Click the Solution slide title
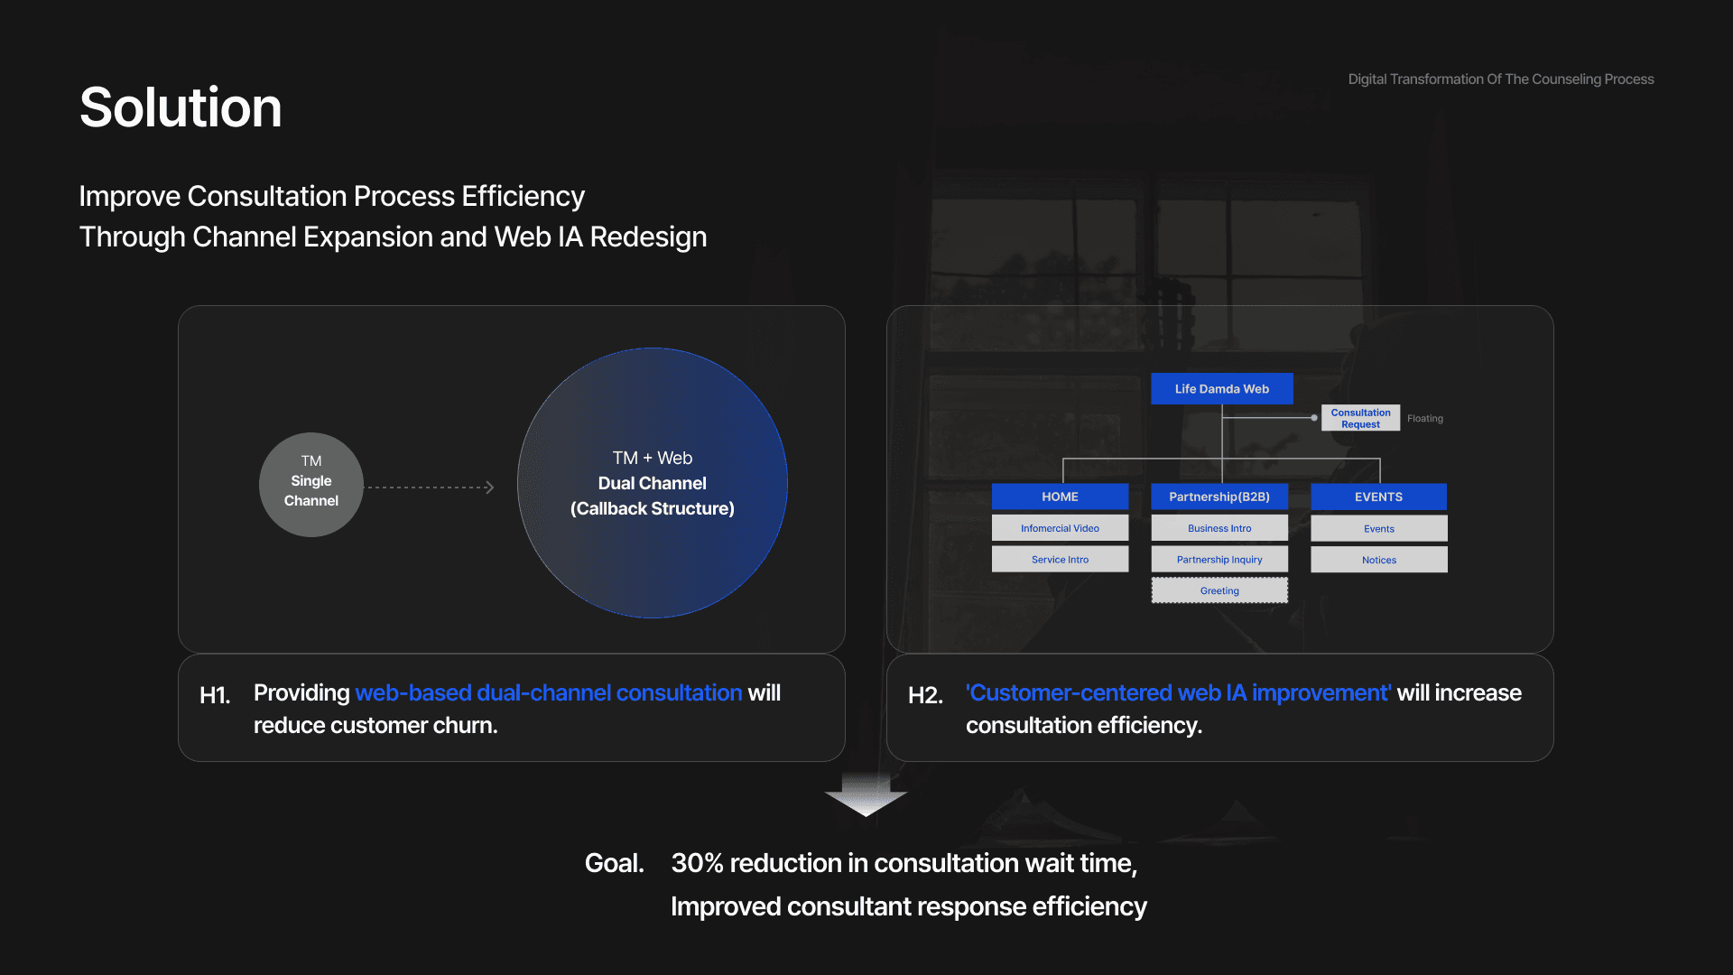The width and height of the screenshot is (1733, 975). click(181, 107)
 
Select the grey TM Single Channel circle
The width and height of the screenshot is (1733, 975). click(311, 485)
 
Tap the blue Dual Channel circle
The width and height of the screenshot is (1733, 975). click(652, 483)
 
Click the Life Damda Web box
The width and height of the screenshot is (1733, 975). click(1221, 389)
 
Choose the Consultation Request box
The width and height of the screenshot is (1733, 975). click(1360, 418)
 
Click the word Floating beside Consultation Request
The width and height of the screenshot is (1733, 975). click(1425, 419)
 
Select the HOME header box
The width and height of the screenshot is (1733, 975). click(1060, 497)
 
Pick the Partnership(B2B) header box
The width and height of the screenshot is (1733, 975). click(1219, 497)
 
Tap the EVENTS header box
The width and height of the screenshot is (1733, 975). click(1378, 497)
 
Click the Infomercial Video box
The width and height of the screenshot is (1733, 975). click(1060, 528)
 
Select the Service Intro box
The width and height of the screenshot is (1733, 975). click(1060, 560)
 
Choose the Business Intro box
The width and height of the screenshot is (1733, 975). click(1219, 528)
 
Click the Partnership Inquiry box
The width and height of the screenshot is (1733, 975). click(1219, 560)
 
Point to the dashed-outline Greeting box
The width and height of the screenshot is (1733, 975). click(1219, 590)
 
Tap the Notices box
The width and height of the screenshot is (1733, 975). click(1378, 560)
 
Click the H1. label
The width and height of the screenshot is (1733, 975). click(215, 695)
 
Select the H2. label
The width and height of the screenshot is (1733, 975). click(925, 695)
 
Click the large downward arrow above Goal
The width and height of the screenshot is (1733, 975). click(866, 794)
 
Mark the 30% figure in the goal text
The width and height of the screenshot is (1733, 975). click(697, 864)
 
